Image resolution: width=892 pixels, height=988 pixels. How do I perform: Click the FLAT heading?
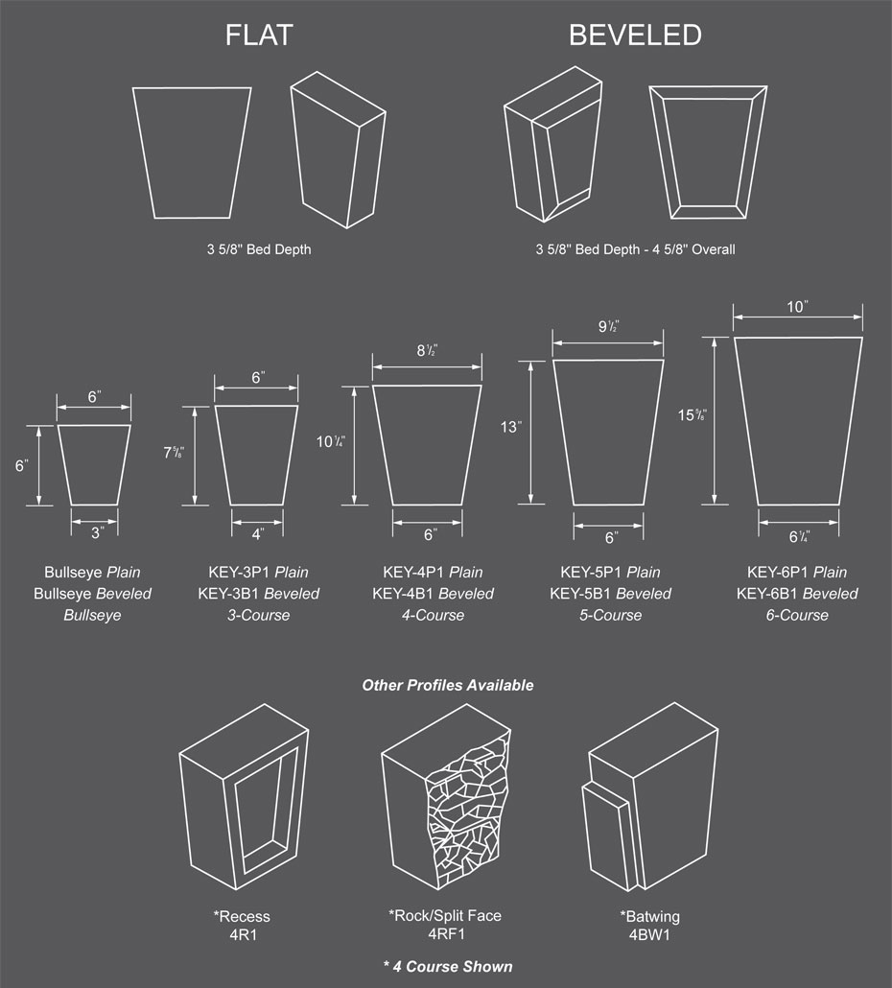pos(259,35)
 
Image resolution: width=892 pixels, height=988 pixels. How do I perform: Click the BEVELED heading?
pos(635,35)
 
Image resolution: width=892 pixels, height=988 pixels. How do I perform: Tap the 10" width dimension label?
pos(797,307)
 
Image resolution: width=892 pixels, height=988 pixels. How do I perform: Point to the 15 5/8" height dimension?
pos(692,415)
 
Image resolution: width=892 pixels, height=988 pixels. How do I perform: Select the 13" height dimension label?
pos(511,427)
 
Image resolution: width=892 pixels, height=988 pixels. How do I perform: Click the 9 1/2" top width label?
pos(608,326)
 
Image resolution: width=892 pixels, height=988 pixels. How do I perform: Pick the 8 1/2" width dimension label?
pos(427,350)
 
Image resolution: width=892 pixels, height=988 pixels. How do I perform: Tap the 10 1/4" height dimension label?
pos(330,441)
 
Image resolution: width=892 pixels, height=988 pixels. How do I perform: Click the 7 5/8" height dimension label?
pos(174,453)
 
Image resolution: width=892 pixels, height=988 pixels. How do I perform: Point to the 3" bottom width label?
pos(97,533)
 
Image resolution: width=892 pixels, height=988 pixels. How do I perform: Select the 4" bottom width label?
pos(258,534)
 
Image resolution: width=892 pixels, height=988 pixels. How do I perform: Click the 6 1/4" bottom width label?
pos(799,537)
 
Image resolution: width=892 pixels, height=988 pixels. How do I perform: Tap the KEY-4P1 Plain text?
pos(433,572)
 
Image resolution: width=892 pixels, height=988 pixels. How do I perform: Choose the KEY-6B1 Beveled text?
pos(797,594)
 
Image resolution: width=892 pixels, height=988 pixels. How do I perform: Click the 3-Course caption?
pos(258,615)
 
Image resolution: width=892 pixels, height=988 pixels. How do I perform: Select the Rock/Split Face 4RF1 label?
pos(445,925)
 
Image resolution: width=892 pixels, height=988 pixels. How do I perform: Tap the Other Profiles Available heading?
pos(448,685)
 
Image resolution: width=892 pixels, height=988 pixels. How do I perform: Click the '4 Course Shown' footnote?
pos(448,966)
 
